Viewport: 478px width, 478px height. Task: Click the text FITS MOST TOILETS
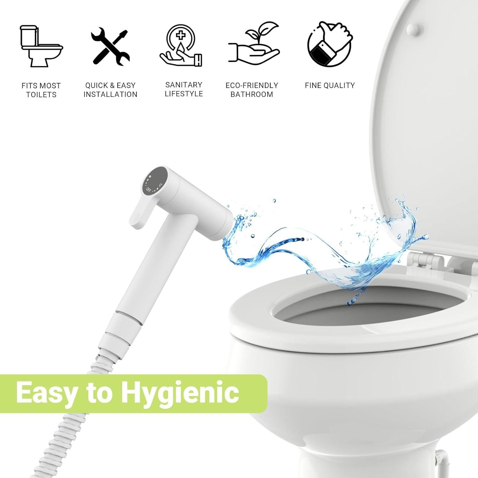pos(41,90)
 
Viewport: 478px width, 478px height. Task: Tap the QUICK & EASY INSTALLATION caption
pos(110,90)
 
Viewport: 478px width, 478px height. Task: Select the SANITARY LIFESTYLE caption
pos(184,89)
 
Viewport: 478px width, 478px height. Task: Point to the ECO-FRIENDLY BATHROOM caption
pos(252,90)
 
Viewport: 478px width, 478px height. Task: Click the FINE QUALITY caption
pos(330,85)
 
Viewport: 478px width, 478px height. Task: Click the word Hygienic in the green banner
pos(180,393)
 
